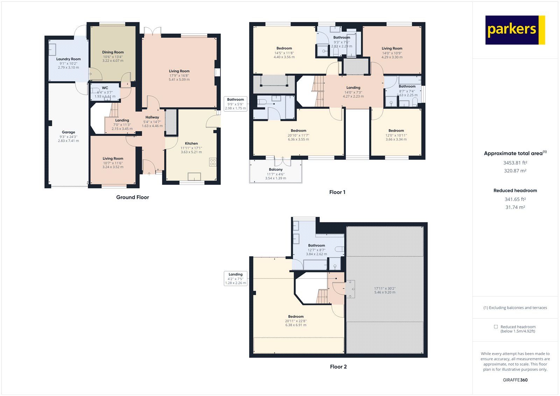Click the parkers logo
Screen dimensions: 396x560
coord(515,30)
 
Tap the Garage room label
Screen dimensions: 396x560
coord(69,132)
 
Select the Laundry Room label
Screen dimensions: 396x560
coord(69,59)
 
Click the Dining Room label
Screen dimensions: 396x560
coord(113,52)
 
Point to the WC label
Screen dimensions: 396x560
coord(105,88)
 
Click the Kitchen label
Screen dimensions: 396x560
coord(191,143)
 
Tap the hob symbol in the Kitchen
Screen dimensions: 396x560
coord(213,162)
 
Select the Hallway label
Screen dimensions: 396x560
coord(152,117)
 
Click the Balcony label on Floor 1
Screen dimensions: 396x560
coord(276,169)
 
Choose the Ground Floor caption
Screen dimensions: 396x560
coord(133,197)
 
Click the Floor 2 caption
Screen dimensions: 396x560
coord(338,367)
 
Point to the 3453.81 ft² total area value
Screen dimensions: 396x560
coord(515,163)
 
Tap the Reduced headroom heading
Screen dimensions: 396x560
coord(515,190)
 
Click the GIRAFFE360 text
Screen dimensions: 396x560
coord(515,380)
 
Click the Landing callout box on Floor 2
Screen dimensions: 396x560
coord(236,278)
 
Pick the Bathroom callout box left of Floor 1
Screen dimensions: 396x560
coord(235,104)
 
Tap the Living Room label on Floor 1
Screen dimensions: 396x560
coord(392,48)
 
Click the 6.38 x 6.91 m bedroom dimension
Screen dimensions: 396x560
coord(296,325)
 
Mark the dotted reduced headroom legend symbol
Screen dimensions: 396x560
coord(496,327)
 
